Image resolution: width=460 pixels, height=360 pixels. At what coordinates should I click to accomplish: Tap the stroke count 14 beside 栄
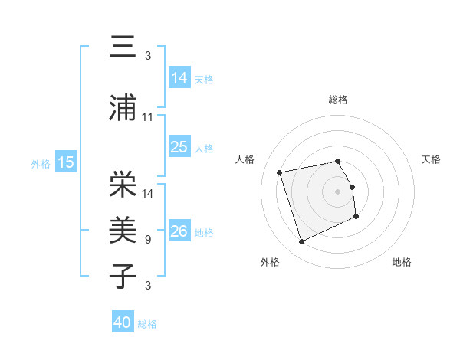[x=148, y=193]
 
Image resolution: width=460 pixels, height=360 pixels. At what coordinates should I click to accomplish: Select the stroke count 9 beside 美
[x=147, y=240]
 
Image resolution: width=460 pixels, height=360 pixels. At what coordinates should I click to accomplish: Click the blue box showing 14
[x=179, y=77]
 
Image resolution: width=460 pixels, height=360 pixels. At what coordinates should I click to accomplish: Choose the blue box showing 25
[x=179, y=146]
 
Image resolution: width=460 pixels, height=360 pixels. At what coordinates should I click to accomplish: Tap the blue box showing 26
[x=179, y=231]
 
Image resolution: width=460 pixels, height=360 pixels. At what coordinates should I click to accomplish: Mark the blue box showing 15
[x=66, y=162]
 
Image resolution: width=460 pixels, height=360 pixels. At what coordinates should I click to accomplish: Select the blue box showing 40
[x=123, y=322]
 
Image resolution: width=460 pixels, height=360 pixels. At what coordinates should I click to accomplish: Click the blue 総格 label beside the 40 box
[x=147, y=324]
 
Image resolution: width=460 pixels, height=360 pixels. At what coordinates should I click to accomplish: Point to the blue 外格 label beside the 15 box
[x=41, y=163]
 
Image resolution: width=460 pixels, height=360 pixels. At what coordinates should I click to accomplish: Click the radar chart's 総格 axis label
[x=338, y=100]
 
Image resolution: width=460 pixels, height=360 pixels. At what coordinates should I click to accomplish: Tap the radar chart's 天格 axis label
[x=431, y=159]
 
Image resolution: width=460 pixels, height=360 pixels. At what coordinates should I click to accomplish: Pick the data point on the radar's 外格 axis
[x=301, y=242]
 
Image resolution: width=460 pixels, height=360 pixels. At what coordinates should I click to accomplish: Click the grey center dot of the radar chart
[x=338, y=191]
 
